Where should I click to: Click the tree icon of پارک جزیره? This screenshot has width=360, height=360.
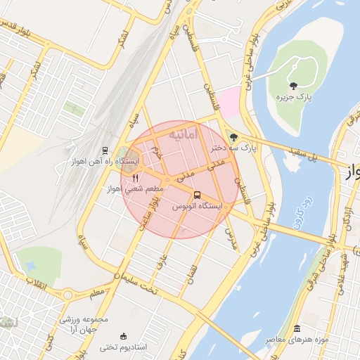294,86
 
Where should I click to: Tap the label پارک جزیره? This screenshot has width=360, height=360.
294,97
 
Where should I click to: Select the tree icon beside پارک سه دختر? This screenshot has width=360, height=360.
233,137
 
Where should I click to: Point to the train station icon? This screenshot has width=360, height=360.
105,150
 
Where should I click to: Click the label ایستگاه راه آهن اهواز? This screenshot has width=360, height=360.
105,162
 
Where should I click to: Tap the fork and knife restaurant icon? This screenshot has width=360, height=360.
136,178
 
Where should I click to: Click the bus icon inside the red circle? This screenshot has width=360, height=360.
196,195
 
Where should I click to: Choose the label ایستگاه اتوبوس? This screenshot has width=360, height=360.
197,207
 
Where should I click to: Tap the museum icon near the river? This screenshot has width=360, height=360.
297,329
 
